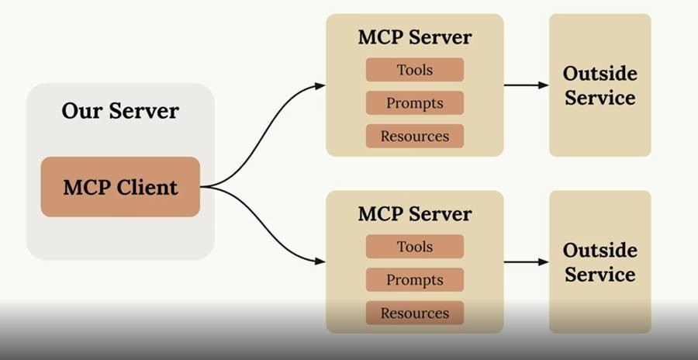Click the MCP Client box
pos(120,187)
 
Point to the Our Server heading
pos(120,110)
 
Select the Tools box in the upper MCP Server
pos(415,70)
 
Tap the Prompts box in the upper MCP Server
pos(415,103)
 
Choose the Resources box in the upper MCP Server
pos(415,137)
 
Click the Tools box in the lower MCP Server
pos(415,247)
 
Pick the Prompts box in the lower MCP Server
pos(415,280)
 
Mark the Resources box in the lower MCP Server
pos(415,313)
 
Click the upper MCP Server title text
pos(415,37)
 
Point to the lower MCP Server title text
pos(415,214)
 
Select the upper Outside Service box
pos(600,85)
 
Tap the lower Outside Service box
pos(600,262)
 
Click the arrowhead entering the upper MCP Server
pos(320,86)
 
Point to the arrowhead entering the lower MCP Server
pos(320,262)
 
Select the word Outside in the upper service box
pos(600,74)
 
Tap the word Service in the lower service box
pos(600,275)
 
